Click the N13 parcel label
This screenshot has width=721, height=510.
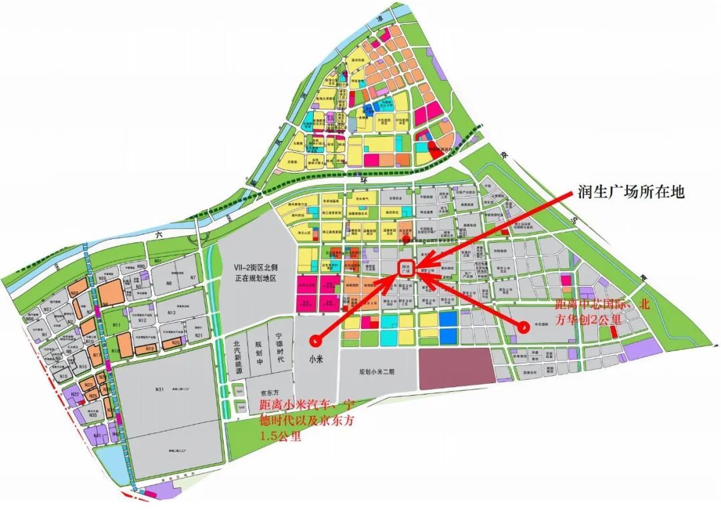pos(172,312)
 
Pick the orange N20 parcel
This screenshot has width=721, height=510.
pos(175,342)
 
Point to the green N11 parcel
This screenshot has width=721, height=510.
pos(116,325)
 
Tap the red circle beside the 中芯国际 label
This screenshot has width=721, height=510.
pos(524,327)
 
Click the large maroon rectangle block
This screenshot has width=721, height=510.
pos(457,366)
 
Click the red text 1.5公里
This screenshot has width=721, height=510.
pos(280,438)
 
